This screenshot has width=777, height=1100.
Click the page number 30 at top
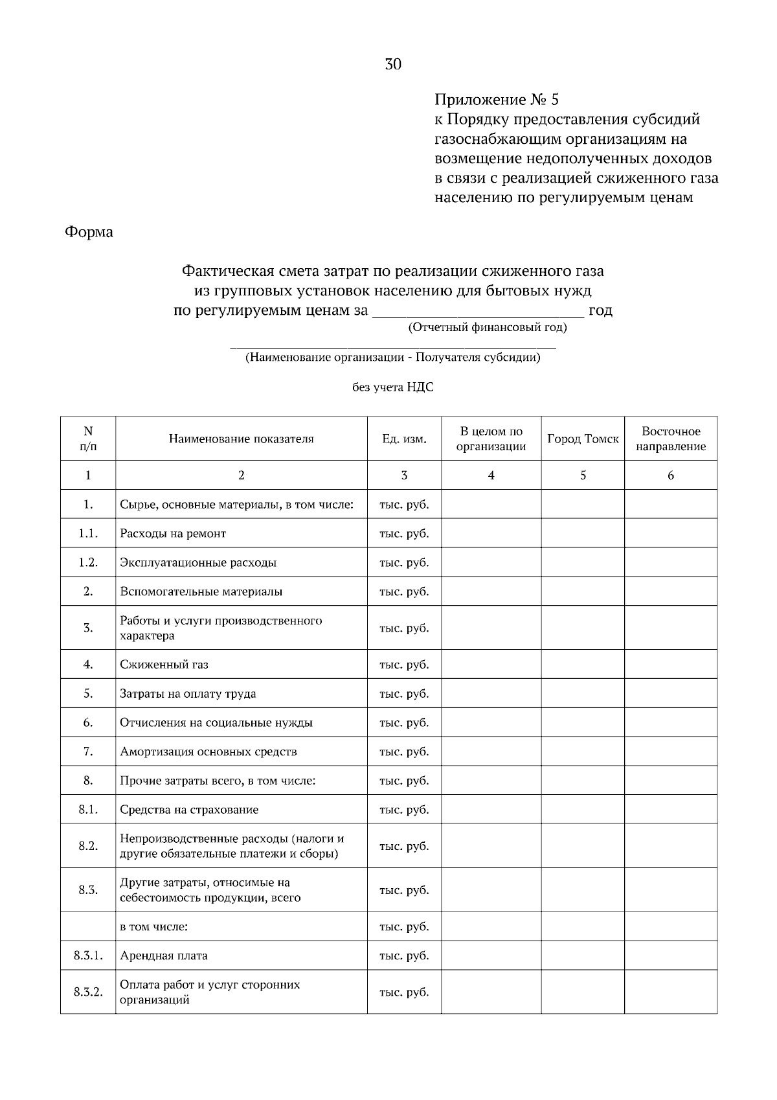pyautogui.click(x=393, y=64)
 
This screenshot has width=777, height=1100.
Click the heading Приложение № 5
pyautogui.click(x=496, y=100)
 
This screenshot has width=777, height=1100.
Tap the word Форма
pyautogui.click(x=89, y=232)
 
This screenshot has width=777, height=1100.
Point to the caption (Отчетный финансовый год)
pyautogui.click(x=487, y=327)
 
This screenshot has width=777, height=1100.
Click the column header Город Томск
pyautogui.click(x=583, y=439)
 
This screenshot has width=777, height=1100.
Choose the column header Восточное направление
pyautogui.click(x=671, y=439)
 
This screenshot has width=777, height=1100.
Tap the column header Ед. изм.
pyautogui.click(x=404, y=439)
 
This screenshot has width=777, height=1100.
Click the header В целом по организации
pyautogui.click(x=491, y=439)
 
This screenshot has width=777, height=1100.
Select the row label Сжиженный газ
pyautogui.click(x=164, y=664)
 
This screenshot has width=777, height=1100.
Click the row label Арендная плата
pyautogui.click(x=164, y=956)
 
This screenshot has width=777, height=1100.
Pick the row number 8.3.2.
pyautogui.click(x=88, y=992)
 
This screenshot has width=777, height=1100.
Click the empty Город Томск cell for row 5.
pyautogui.click(x=583, y=693)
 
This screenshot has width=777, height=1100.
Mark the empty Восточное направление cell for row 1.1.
pyautogui.click(x=671, y=533)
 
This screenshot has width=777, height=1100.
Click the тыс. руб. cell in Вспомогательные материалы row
pyautogui.click(x=404, y=591)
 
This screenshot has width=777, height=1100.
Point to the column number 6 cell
pyautogui.click(x=671, y=476)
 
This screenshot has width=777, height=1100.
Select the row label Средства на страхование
pyautogui.click(x=189, y=809)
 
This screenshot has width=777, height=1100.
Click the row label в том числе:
pyautogui.click(x=154, y=926)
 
